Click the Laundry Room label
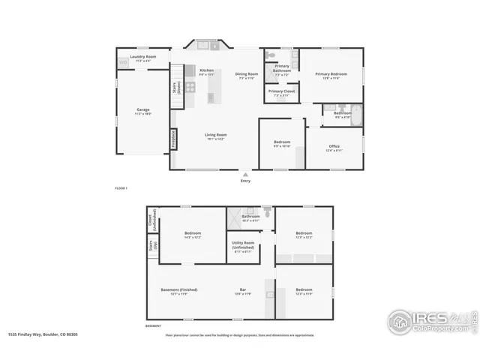tap(142, 57)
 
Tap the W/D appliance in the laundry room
tap(123, 62)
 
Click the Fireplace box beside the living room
tap(173, 139)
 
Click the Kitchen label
tap(206, 70)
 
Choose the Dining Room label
tap(247, 74)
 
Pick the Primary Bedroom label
tap(331, 74)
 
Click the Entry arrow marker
tap(245, 174)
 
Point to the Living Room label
tap(217, 135)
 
